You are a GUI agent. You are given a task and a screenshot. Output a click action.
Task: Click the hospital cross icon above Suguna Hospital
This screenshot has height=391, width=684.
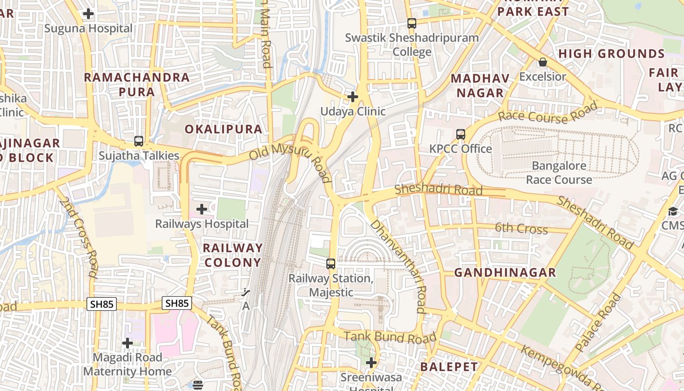(88, 14)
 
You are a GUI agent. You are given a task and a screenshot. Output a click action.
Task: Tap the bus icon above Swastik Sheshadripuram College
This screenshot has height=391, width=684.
(412, 23)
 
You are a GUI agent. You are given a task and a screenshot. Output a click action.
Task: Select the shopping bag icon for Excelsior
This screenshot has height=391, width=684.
(542, 62)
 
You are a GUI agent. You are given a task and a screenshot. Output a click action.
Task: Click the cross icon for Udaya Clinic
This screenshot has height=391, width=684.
(353, 97)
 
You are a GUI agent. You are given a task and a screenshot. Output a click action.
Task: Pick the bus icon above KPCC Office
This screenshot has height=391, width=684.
(460, 134)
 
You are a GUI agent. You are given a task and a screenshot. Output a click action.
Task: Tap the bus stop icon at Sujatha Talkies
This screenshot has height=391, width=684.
(139, 141)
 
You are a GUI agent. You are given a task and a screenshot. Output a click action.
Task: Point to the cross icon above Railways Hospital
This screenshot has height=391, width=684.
(202, 210)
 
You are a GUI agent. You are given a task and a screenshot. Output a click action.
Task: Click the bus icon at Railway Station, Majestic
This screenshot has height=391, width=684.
(331, 264)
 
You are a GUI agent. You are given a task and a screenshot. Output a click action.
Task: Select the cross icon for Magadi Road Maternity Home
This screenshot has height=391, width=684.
(128, 343)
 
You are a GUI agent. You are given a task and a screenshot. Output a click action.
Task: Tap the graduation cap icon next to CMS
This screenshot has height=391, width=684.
(673, 211)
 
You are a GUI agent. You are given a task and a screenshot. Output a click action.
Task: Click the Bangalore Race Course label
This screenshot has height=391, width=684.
(559, 173)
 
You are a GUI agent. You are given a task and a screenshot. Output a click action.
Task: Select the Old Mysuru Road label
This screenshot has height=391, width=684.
(290, 161)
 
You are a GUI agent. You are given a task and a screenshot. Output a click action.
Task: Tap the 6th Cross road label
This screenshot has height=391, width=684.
(521, 228)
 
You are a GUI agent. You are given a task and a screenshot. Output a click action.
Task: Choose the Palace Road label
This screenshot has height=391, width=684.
(598, 323)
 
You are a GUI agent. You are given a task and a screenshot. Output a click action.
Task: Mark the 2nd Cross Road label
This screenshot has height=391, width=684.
(78, 237)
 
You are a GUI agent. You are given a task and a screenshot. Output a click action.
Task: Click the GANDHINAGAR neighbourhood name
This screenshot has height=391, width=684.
(505, 273)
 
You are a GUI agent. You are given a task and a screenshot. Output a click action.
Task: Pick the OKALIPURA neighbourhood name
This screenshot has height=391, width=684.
(223, 129)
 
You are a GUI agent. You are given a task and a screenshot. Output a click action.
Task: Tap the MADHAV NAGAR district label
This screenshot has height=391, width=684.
(480, 86)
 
